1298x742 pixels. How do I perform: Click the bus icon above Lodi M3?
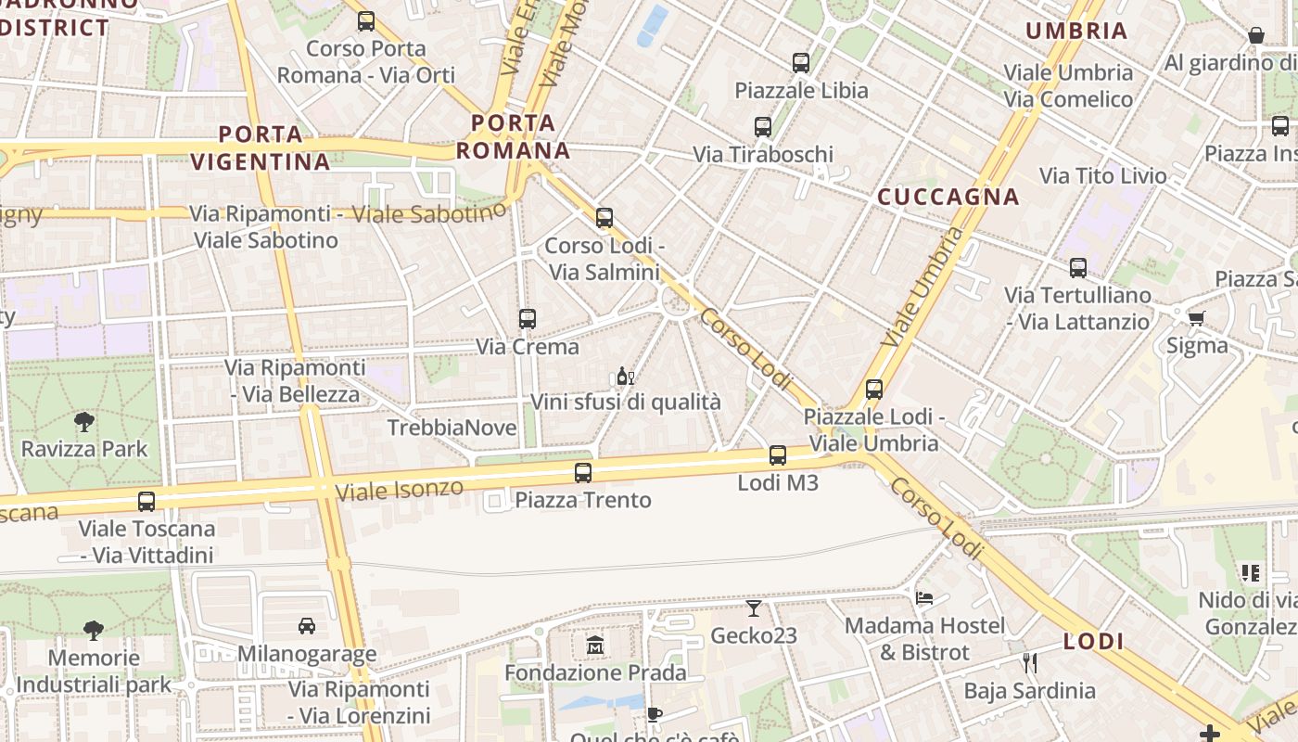pos(778,455)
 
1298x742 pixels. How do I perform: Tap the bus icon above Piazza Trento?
pos(583,473)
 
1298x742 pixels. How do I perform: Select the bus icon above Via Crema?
pos(528,319)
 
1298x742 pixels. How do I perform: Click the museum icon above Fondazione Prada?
pos(595,645)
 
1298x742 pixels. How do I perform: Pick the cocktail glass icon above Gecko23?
pos(754,608)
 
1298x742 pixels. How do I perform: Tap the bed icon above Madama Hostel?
pos(924,598)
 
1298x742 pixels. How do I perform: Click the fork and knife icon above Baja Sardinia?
pos(1029,662)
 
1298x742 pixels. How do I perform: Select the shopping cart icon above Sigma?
pos(1196,318)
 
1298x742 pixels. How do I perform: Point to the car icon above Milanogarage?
pos(307,626)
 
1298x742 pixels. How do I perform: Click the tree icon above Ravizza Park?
pos(84,422)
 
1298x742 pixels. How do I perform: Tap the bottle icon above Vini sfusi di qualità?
pos(626,376)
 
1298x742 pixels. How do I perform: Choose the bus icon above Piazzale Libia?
pos(801,63)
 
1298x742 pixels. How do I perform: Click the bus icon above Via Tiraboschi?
pos(763,127)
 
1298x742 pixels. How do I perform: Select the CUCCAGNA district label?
pos(948,197)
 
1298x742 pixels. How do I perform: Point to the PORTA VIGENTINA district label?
pos(261,147)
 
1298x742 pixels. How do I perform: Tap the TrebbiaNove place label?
pos(452,428)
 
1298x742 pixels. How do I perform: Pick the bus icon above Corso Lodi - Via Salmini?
pos(604,218)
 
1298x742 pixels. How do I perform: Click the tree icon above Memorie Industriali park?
pos(94,631)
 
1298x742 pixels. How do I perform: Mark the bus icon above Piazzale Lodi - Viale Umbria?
pos(874,390)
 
